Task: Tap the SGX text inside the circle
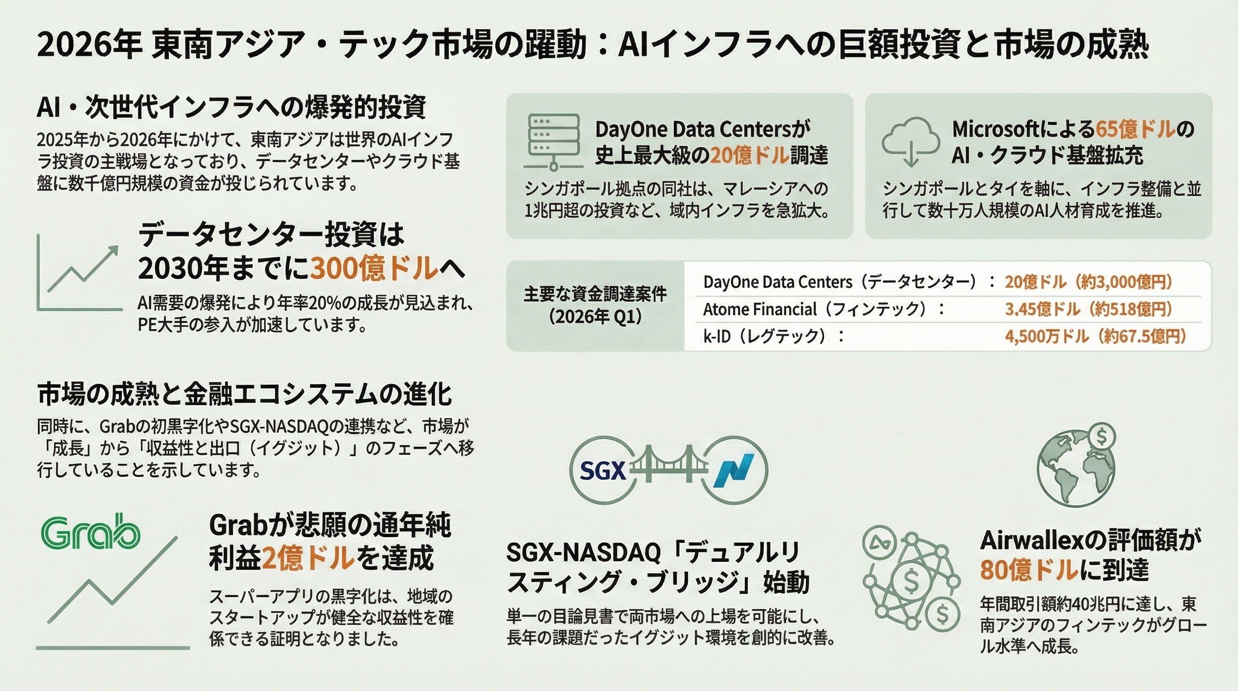coord(603,471)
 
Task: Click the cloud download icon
coord(911,142)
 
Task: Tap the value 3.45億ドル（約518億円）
coord(1089,309)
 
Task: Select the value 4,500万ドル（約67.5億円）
coord(1096,336)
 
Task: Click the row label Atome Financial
coord(760,309)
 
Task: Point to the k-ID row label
coord(718,336)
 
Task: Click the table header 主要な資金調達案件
coord(595,294)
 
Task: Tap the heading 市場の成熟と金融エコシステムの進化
coord(245,395)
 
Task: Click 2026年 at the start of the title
coord(90,45)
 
